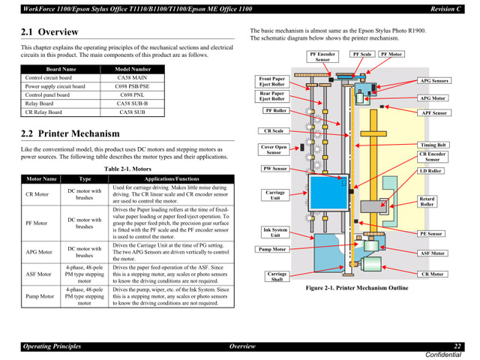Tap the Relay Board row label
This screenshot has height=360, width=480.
coord(41,103)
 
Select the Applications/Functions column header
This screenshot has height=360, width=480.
coord(171,180)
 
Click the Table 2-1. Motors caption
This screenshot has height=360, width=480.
coord(127,169)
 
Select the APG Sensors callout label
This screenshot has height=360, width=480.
coord(433,80)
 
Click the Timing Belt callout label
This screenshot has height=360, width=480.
coord(433,145)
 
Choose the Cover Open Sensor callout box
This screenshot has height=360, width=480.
coord(273,149)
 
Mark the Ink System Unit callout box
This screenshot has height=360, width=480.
coord(274,232)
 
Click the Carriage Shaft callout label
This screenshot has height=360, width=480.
coord(277,277)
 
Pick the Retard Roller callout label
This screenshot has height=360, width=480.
coord(427,201)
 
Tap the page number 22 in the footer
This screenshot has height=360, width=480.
coord(457,346)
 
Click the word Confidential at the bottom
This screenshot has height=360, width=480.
coord(445,354)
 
